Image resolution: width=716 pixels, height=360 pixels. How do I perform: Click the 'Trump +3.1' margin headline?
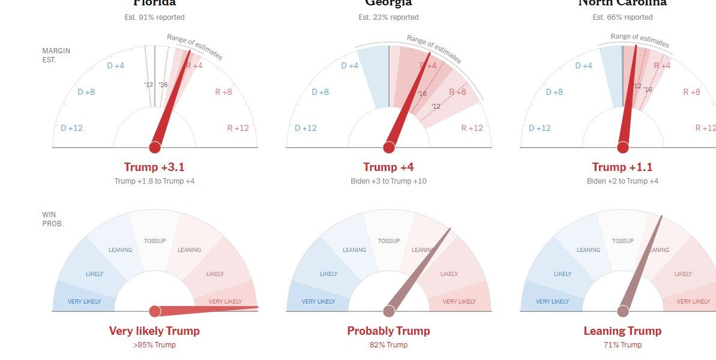154,167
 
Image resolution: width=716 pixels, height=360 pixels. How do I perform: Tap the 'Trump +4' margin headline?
388,167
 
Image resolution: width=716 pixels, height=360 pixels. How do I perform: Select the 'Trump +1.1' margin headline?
622,167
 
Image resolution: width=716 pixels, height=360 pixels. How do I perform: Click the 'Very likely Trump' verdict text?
154,331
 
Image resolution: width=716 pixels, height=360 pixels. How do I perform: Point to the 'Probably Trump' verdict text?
388,331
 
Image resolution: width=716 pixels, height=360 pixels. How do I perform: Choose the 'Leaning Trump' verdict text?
622,331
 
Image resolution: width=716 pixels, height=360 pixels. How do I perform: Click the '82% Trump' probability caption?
388,345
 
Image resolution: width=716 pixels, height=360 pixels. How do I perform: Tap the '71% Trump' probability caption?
622,345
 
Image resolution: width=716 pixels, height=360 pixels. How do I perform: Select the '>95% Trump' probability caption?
154,345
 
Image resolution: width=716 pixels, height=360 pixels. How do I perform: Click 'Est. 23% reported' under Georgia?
388,17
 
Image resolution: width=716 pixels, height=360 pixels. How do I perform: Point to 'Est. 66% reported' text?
622,17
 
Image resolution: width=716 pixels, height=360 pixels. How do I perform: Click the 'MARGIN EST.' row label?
56,55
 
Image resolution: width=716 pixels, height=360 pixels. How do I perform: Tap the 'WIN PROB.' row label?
53,218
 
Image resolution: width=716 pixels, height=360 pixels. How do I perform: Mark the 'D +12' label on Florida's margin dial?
71,128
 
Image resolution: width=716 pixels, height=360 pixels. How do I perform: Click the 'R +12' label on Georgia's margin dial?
472,128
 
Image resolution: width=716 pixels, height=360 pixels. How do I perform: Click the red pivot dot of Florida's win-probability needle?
155,311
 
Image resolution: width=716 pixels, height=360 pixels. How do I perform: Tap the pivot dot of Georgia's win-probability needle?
389,311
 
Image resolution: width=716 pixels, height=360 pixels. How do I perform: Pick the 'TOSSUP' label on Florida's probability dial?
154,241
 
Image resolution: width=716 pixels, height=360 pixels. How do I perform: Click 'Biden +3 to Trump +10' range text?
388,181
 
